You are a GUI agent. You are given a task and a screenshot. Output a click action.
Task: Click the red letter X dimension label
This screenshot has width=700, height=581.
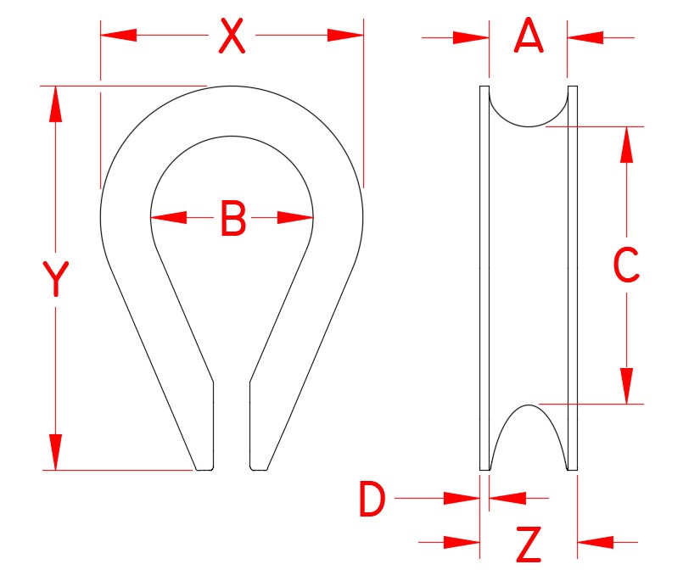pos(232,36)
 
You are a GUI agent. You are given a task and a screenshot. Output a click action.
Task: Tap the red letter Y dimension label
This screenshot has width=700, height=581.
pos(55,281)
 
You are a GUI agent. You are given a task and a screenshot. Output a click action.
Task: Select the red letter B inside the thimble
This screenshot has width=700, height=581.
pos(232,219)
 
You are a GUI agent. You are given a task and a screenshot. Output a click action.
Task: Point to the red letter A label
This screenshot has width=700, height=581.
pos(528,36)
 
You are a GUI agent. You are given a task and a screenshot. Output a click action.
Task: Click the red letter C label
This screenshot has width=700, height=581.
pos(626,265)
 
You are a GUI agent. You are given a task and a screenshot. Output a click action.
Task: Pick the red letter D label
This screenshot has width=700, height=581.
pos(372,500)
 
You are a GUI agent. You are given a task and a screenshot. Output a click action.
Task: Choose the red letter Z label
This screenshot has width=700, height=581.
pos(528,545)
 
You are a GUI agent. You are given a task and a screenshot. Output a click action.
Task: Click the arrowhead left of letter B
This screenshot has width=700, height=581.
pos(168,217)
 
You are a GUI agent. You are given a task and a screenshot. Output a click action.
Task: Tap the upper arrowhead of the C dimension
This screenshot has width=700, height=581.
pos(627,144)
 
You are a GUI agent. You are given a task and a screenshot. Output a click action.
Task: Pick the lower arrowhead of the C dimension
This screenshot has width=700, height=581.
pos(627,386)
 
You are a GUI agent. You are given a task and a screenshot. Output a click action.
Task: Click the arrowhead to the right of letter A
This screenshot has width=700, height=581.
pos(585,37)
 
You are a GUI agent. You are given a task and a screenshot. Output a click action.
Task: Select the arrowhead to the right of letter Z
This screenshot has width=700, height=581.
pos(596,541)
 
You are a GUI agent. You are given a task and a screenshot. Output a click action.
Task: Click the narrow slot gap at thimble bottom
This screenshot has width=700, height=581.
pos(231,424)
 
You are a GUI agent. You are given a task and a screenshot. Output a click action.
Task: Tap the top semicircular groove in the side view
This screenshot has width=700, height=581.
pos(528,105)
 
